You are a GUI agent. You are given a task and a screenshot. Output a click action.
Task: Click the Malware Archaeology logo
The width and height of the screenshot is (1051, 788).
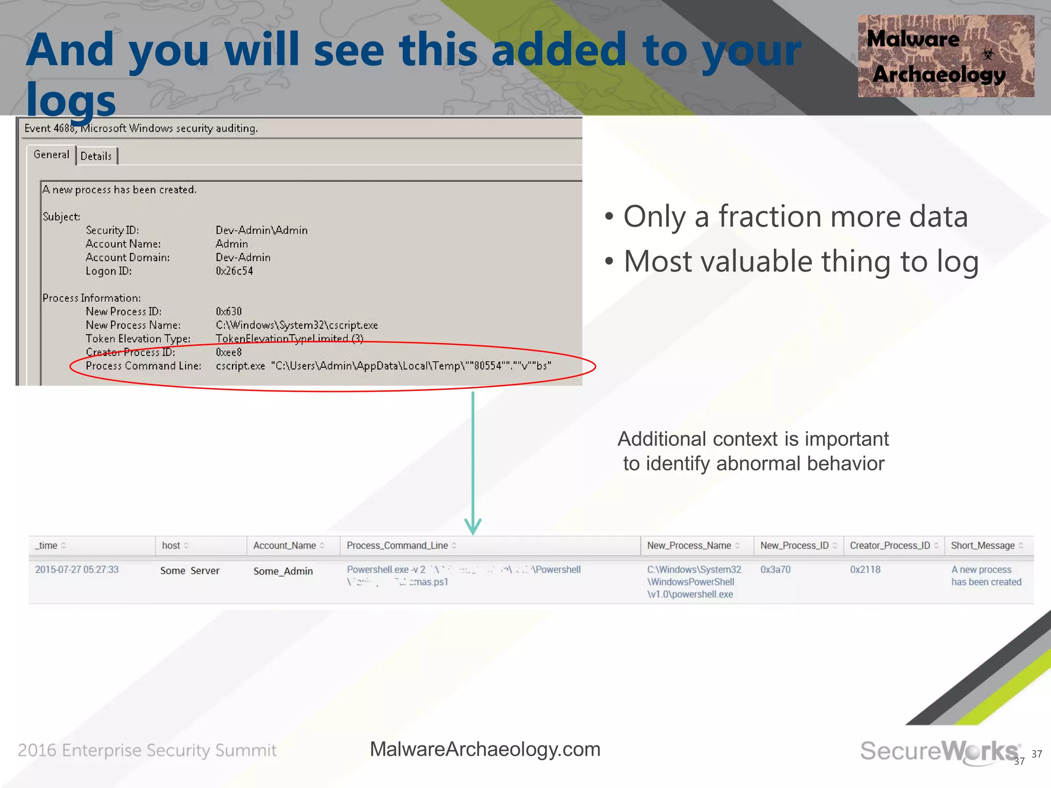click(945, 56)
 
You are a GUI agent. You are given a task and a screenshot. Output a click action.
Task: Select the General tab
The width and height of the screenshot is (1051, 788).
click(51, 154)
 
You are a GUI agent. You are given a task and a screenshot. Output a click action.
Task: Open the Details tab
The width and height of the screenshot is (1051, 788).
click(96, 156)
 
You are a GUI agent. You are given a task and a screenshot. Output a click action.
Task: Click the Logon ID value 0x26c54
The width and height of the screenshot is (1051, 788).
click(234, 271)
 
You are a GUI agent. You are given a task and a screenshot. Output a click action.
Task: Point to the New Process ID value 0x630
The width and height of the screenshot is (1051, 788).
click(228, 311)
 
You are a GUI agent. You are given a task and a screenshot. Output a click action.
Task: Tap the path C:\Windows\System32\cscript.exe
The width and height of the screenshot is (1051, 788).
click(297, 325)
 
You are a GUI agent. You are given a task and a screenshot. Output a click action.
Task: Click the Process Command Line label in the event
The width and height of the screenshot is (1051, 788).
click(143, 366)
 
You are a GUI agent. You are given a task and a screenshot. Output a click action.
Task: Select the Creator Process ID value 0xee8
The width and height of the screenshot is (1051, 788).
click(228, 352)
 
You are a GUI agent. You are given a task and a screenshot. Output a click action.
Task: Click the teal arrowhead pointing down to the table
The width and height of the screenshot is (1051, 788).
click(473, 526)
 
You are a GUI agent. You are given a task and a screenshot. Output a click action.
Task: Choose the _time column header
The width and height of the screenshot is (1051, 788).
click(47, 545)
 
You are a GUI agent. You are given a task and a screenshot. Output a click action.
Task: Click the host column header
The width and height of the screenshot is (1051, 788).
click(171, 545)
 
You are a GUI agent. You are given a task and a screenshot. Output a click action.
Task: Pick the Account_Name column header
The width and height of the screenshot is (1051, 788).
click(285, 545)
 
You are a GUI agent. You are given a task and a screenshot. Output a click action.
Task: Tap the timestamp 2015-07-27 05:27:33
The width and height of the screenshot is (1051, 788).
click(76, 569)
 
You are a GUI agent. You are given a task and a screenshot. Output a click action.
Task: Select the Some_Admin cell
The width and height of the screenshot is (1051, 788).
click(283, 571)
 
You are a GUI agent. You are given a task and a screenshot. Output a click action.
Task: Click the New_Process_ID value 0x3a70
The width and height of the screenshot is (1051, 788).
click(775, 569)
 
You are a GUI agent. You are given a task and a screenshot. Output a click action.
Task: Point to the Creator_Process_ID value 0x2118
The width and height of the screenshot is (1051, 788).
click(865, 569)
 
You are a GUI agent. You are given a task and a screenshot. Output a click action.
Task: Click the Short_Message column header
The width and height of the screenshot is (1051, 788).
click(982, 545)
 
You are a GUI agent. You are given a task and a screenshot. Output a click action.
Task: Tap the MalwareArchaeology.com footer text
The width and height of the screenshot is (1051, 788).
click(485, 749)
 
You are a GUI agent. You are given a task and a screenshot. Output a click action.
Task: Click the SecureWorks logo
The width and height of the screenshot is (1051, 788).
click(939, 751)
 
